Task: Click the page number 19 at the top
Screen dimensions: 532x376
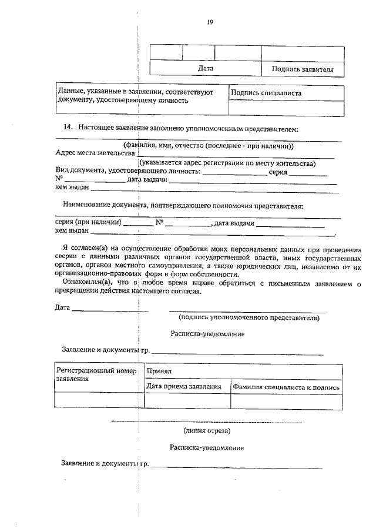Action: click(210, 23)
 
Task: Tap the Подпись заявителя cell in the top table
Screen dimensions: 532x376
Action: click(303, 69)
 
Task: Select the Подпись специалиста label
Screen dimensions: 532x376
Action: click(266, 93)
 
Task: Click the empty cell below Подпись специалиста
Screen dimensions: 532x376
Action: click(286, 108)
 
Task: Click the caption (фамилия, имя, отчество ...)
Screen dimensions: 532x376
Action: click(208, 146)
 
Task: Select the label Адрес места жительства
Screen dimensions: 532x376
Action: click(95, 153)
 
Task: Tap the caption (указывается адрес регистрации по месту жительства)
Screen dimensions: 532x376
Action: click(227, 163)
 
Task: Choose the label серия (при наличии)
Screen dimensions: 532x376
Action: click(88, 223)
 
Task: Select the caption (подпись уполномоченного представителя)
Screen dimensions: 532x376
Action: click(249, 318)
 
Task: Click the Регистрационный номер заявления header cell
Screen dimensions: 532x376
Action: click(99, 374)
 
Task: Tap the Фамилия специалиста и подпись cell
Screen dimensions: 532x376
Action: click(286, 387)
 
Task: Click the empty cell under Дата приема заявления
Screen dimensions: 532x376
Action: click(187, 401)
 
